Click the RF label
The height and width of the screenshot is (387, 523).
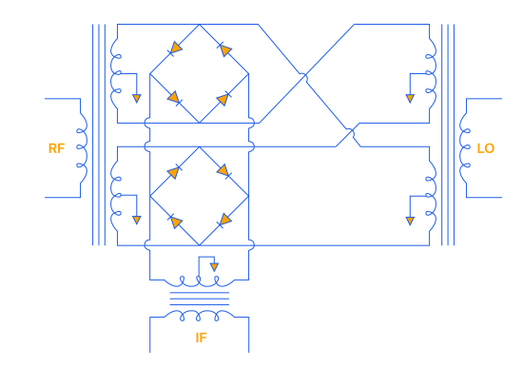56,148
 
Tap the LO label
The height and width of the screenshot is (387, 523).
486,148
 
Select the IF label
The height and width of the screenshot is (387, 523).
202,338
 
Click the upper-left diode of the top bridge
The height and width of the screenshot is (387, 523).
175,48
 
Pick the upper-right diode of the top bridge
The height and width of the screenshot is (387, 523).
224,49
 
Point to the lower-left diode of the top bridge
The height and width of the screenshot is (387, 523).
174,98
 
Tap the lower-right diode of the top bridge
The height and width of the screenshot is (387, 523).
223,99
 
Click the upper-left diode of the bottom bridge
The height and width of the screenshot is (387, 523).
174,172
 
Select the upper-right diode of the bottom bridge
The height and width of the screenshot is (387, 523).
223,171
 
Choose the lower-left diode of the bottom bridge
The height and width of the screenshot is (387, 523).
175,222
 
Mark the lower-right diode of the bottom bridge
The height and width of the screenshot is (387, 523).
224,221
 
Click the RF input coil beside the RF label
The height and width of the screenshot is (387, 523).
83,148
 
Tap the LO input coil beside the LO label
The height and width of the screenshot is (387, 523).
464,148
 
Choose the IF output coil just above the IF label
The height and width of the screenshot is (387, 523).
200,315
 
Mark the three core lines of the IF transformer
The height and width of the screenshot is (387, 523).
200,299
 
